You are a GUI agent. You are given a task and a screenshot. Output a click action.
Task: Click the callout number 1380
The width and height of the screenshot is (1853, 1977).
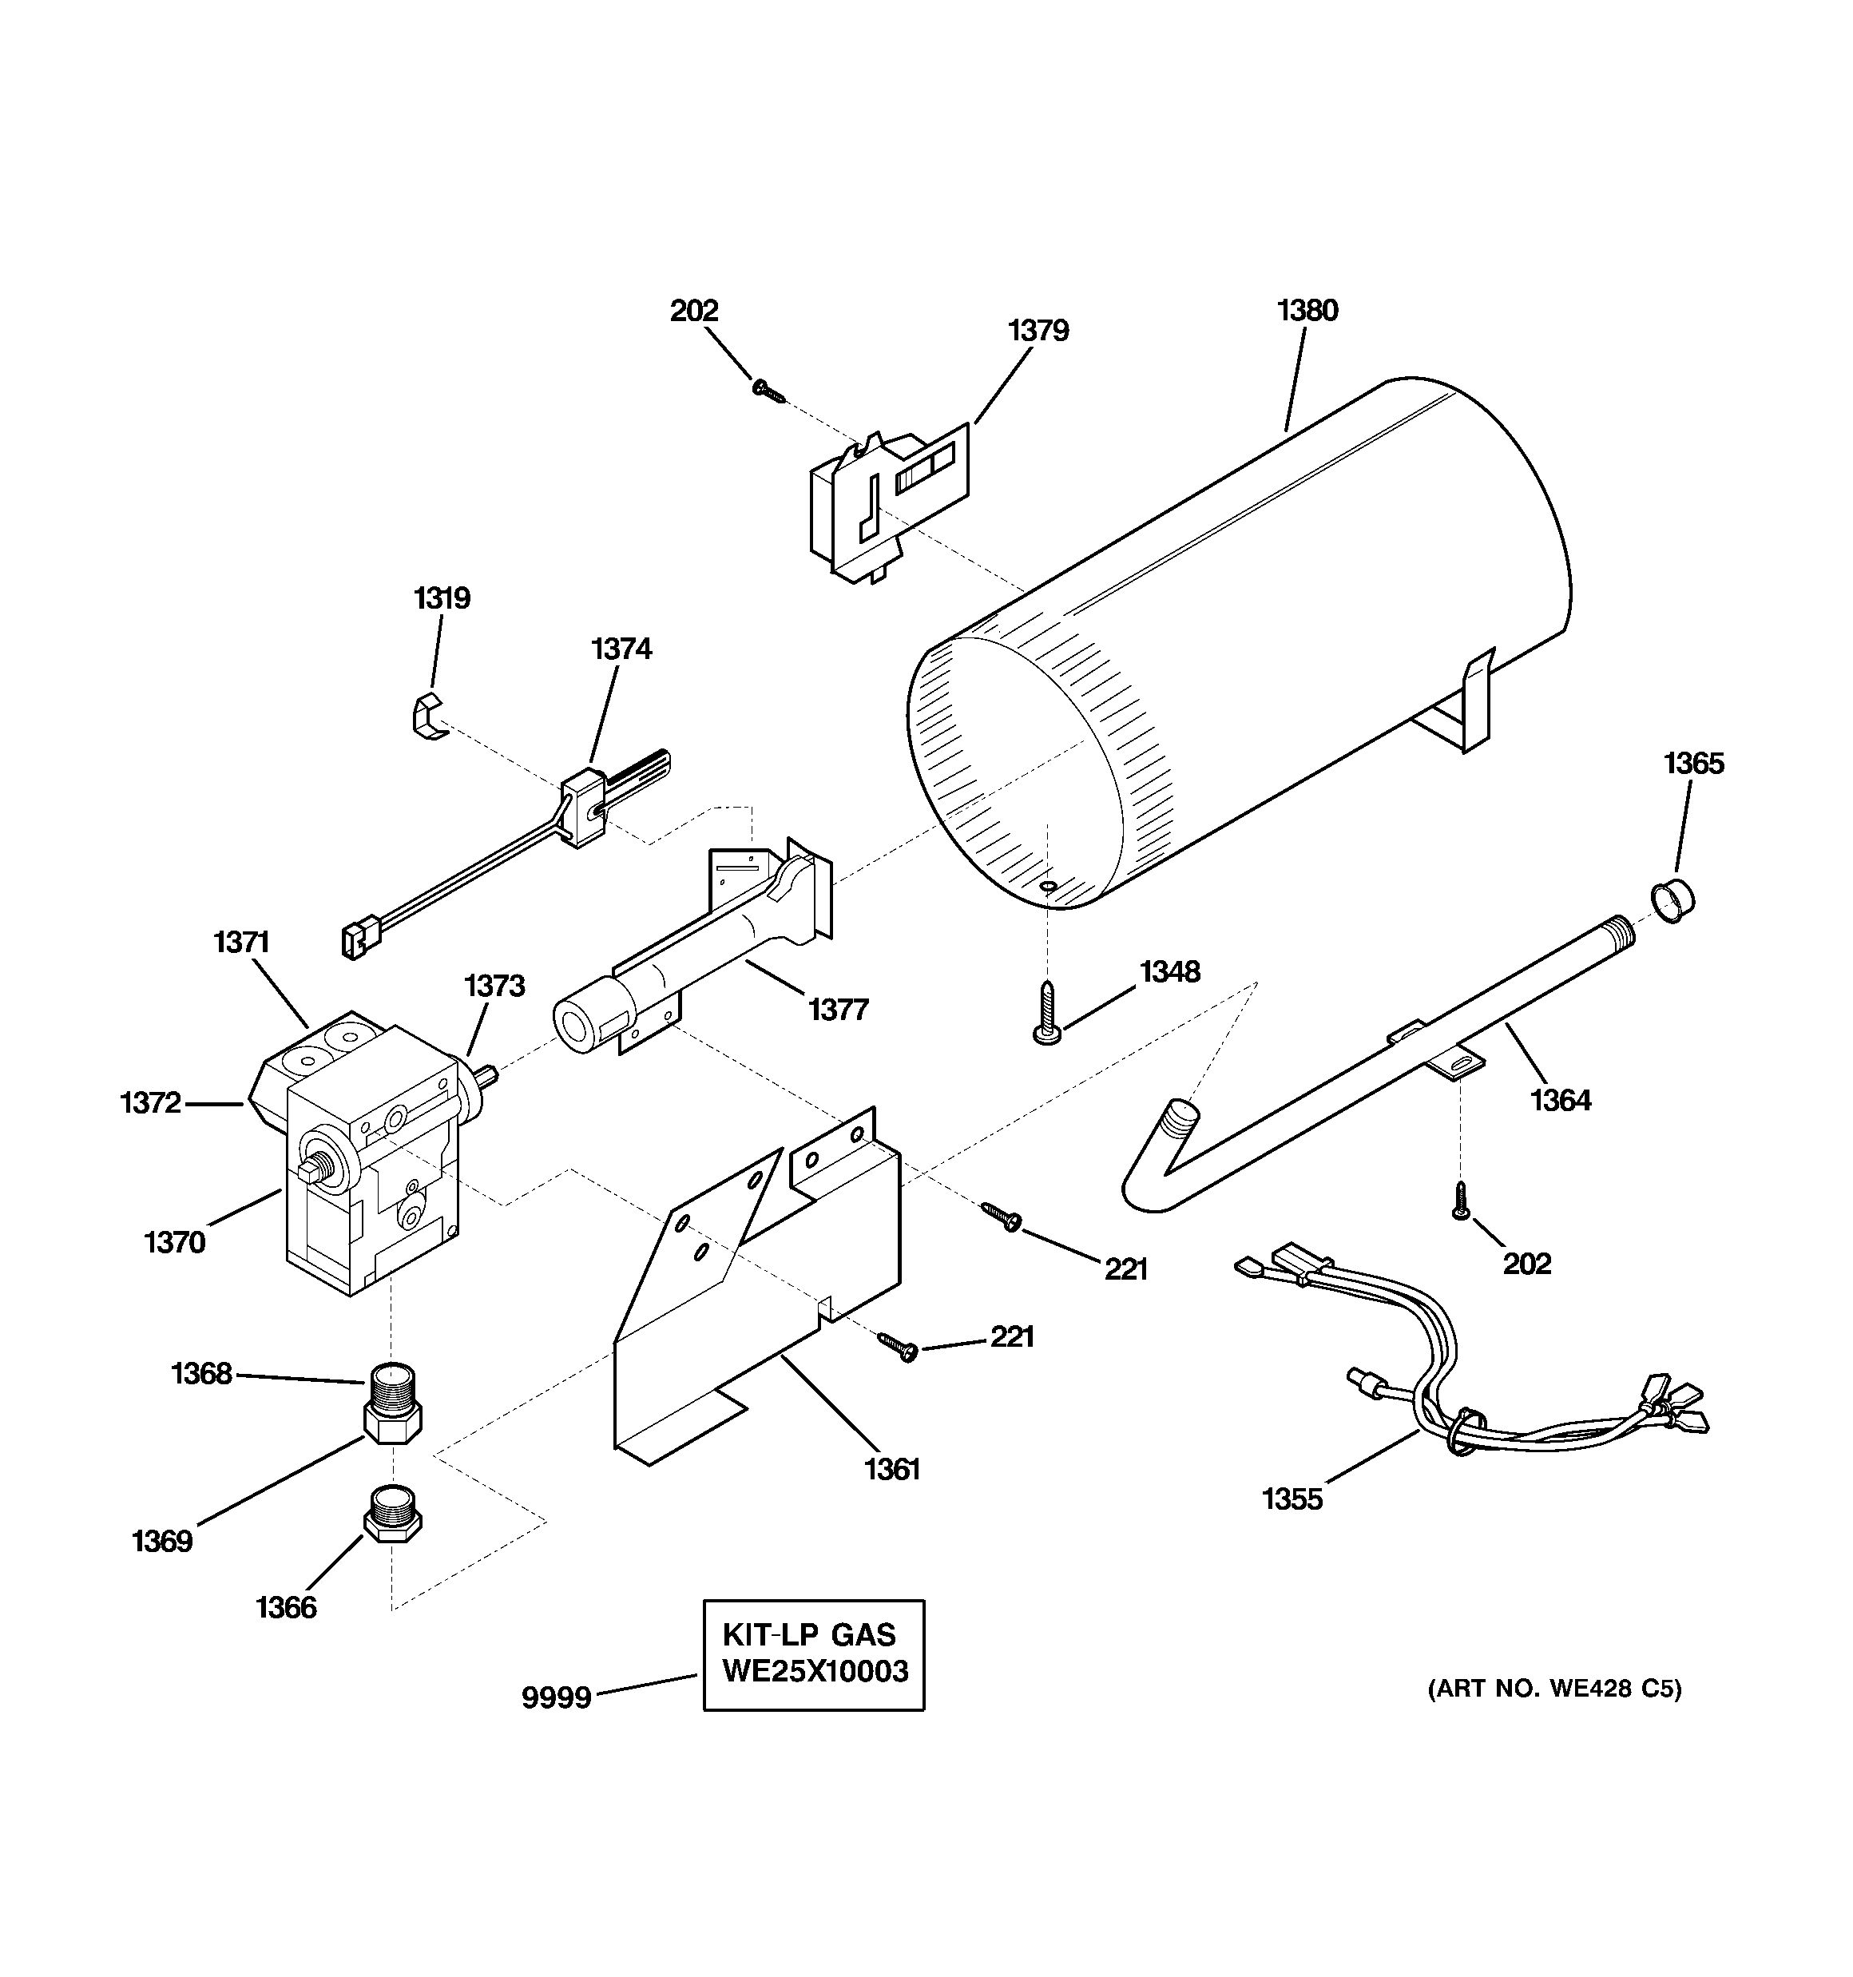1307,312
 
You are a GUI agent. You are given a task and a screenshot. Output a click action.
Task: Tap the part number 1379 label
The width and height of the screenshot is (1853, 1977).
1038,331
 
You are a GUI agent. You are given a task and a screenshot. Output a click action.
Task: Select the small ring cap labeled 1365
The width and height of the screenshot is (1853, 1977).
1673,901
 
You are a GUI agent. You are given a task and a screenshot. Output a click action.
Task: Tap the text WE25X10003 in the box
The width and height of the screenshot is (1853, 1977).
815,1672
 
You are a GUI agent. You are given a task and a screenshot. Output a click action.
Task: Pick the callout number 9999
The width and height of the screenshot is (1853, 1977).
556,1697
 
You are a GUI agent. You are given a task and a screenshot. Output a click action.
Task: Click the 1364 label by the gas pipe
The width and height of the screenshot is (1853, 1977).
1560,1101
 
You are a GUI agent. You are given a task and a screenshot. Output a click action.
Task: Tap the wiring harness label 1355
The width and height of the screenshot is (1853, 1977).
1292,1499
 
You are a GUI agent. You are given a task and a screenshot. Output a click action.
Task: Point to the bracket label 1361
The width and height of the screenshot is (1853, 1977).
892,1469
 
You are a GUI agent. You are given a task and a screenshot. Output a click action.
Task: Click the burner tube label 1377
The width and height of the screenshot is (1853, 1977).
838,1010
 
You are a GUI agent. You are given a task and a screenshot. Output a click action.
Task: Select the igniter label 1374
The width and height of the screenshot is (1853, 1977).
621,649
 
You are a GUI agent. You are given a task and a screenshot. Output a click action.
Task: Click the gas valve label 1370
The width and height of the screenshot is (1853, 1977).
174,1242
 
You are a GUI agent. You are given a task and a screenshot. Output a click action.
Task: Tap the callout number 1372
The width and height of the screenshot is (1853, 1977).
150,1103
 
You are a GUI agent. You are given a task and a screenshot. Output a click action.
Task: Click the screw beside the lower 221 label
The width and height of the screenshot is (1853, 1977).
899,1348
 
